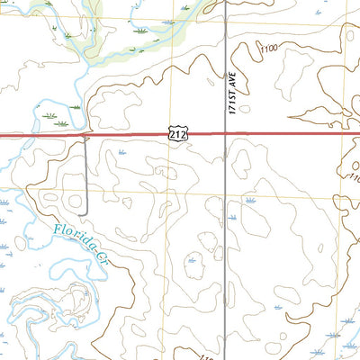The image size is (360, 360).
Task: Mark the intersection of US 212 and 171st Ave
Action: pyautogui.click(x=223, y=135)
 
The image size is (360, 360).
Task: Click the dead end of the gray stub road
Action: pyautogui.click(x=86, y=212)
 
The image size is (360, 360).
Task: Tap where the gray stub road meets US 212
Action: pyautogui.click(x=86, y=137)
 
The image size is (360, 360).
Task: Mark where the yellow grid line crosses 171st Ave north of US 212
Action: pyautogui.click(x=223, y=25)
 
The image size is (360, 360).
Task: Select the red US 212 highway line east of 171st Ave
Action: pyautogui.click(x=288, y=135)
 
